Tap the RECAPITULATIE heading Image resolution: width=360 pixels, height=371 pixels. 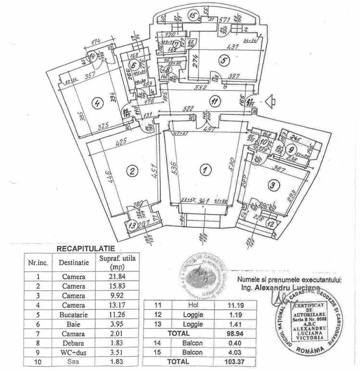(x=86, y=249)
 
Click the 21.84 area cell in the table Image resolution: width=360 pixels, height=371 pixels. (x=117, y=277)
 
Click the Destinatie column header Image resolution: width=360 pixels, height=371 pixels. (x=74, y=263)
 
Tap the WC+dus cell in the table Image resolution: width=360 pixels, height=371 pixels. (x=74, y=352)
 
